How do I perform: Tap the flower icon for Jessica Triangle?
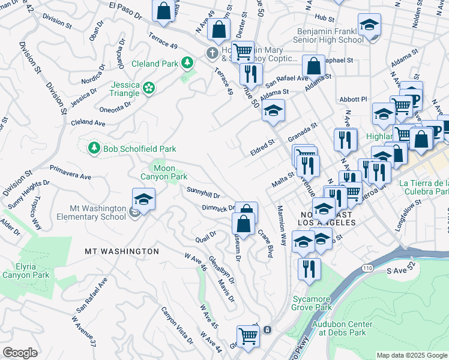coord(149,89)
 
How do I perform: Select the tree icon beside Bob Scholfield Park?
coord(94,148)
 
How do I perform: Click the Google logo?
coord(20,353)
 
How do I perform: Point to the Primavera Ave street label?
coord(70,173)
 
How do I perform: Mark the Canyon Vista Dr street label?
coord(177,326)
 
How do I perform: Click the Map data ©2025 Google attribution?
coord(412,355)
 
